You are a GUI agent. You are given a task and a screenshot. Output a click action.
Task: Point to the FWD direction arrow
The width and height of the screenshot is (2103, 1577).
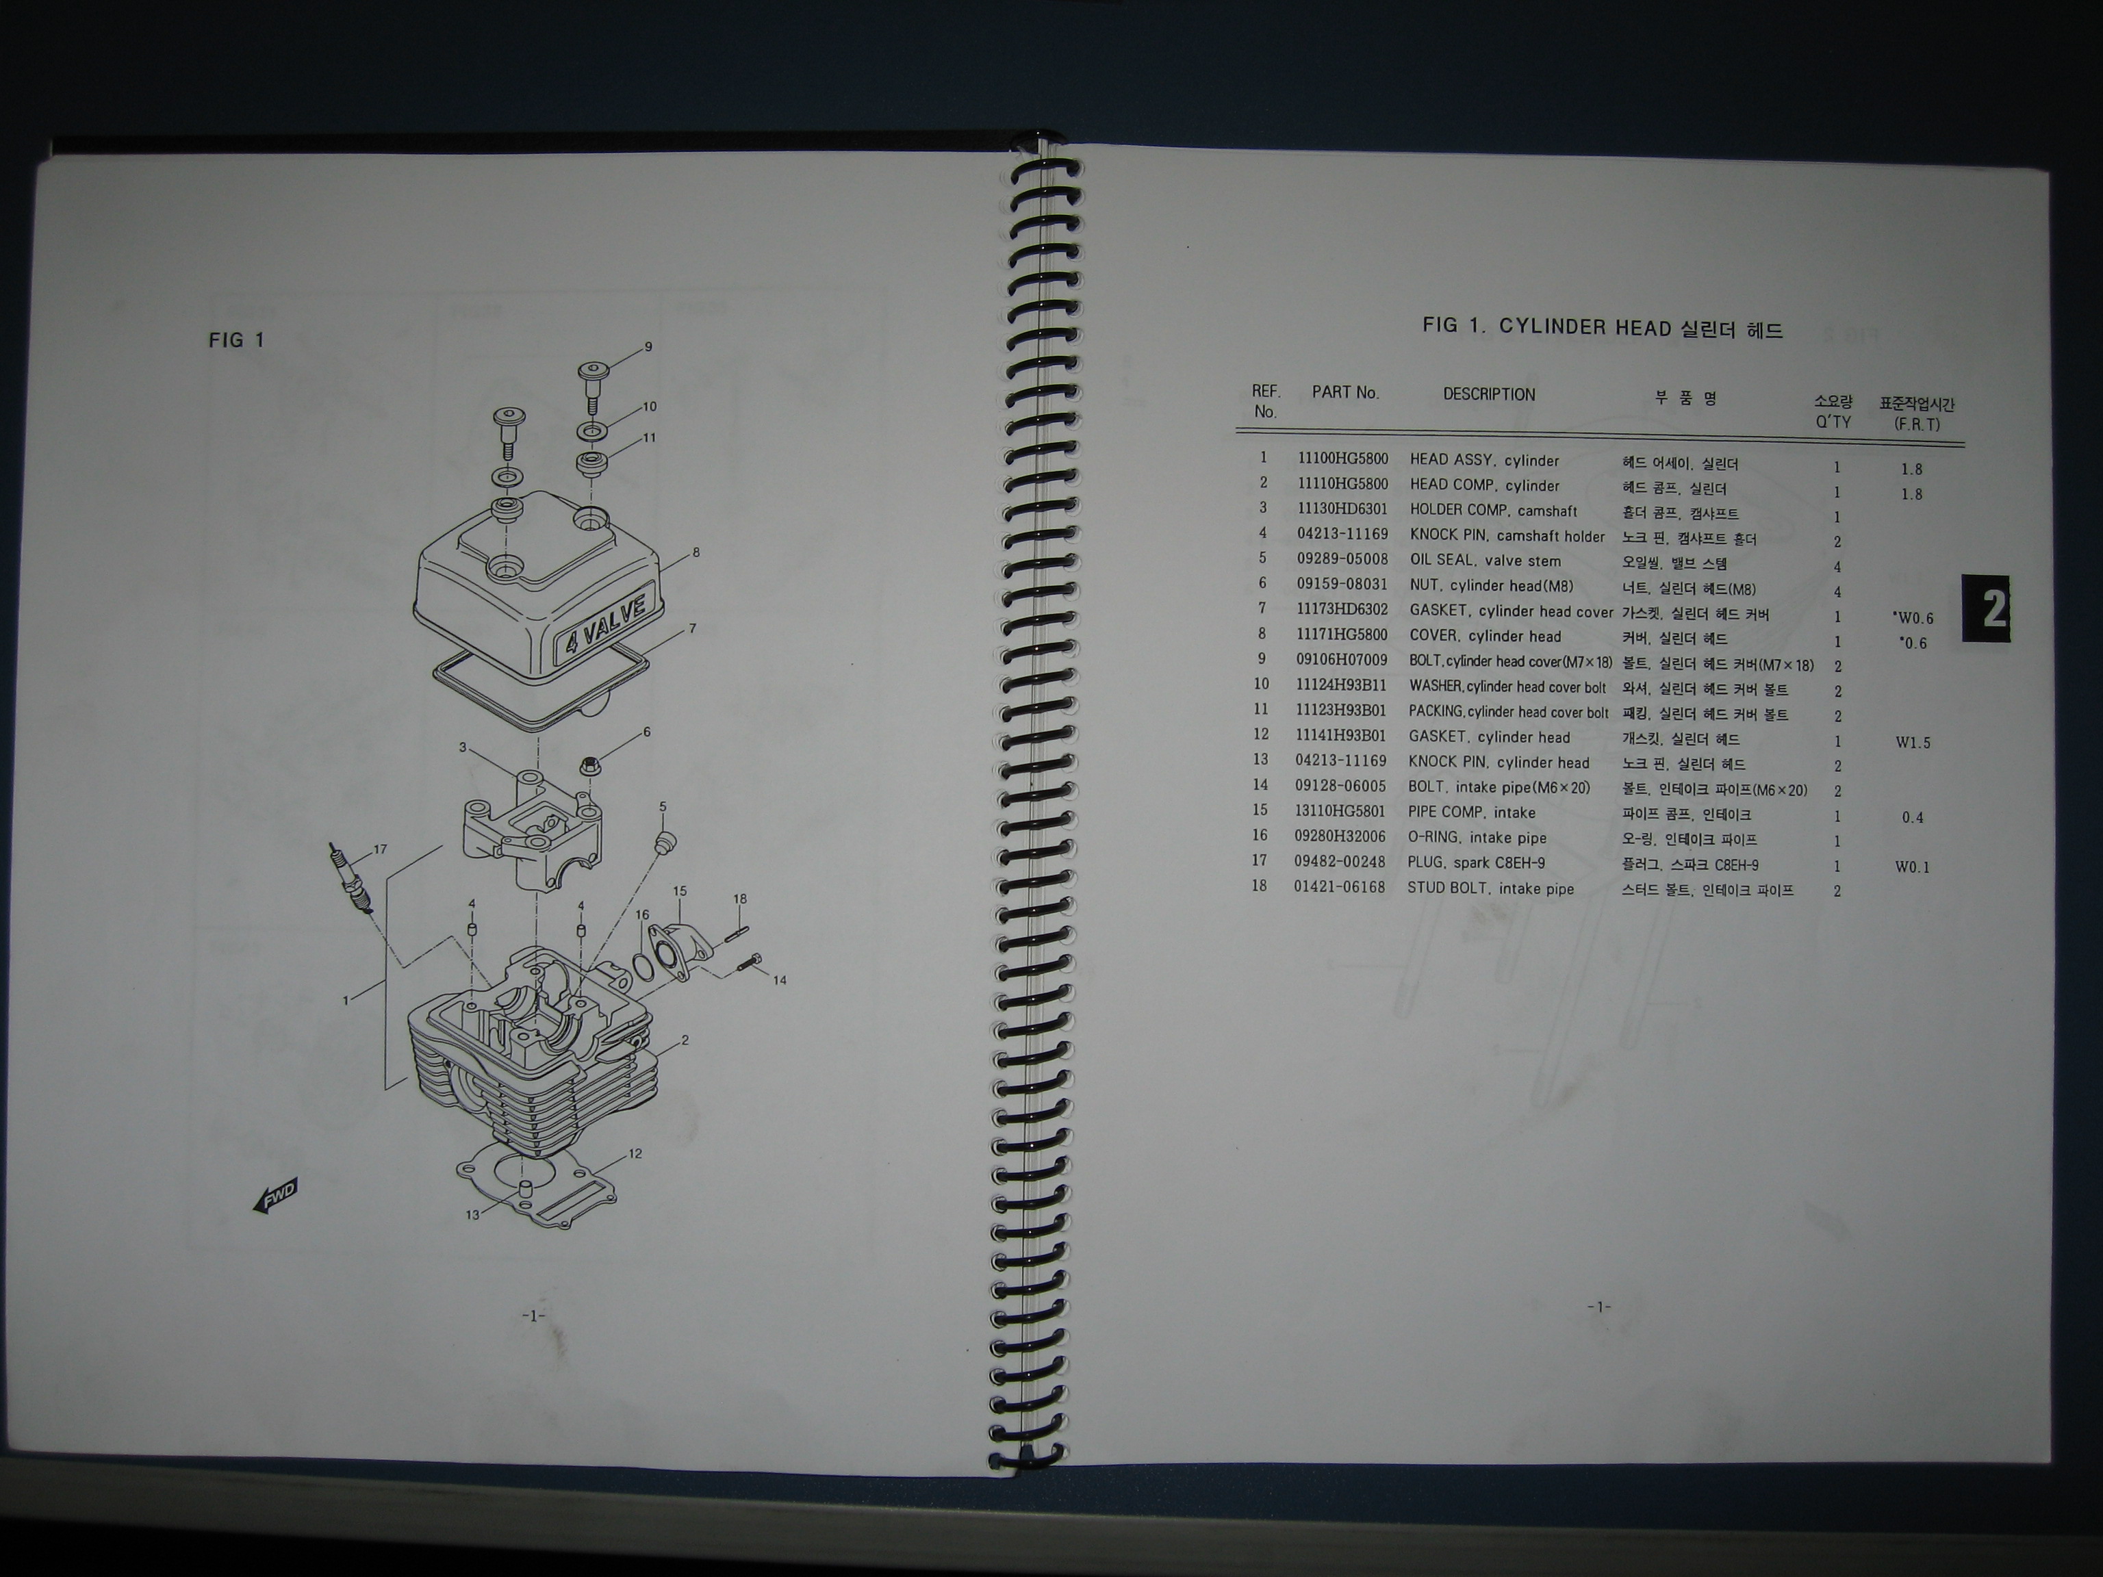click(x=275, y=1195)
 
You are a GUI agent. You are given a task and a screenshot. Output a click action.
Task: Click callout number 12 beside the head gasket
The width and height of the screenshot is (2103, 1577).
click(x=635, y=1154)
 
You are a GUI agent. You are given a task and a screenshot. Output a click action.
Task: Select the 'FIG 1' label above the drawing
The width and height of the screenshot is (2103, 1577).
click(x=235, y=340)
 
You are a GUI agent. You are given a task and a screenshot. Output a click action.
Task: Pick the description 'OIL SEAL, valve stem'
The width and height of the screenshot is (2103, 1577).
click(x=1485, y=561)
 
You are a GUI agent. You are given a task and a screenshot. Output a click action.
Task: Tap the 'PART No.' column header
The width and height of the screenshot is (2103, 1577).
click(x=1345, y=393)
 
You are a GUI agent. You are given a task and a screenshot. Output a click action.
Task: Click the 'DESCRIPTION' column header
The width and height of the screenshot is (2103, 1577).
click(x=1489, y=394)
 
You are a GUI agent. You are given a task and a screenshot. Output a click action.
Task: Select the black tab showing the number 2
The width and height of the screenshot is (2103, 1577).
click(x=1987, y=608)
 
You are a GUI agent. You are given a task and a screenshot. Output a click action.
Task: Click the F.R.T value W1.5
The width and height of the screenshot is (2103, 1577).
click(x=1913, y=743)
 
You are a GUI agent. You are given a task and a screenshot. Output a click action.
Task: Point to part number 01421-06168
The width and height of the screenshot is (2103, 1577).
click(x=1340, y=888)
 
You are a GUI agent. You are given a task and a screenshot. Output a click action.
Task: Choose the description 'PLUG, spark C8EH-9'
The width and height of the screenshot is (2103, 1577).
click(x=1477, y=863)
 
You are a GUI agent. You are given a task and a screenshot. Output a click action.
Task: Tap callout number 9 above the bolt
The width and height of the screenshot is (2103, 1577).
click(x=648, y=347)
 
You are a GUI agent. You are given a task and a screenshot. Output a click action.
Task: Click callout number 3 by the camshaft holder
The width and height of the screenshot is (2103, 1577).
click(x=463, y=748)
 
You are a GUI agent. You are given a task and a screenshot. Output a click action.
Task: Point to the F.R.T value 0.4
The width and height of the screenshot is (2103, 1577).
click(x=1913, y=817)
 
